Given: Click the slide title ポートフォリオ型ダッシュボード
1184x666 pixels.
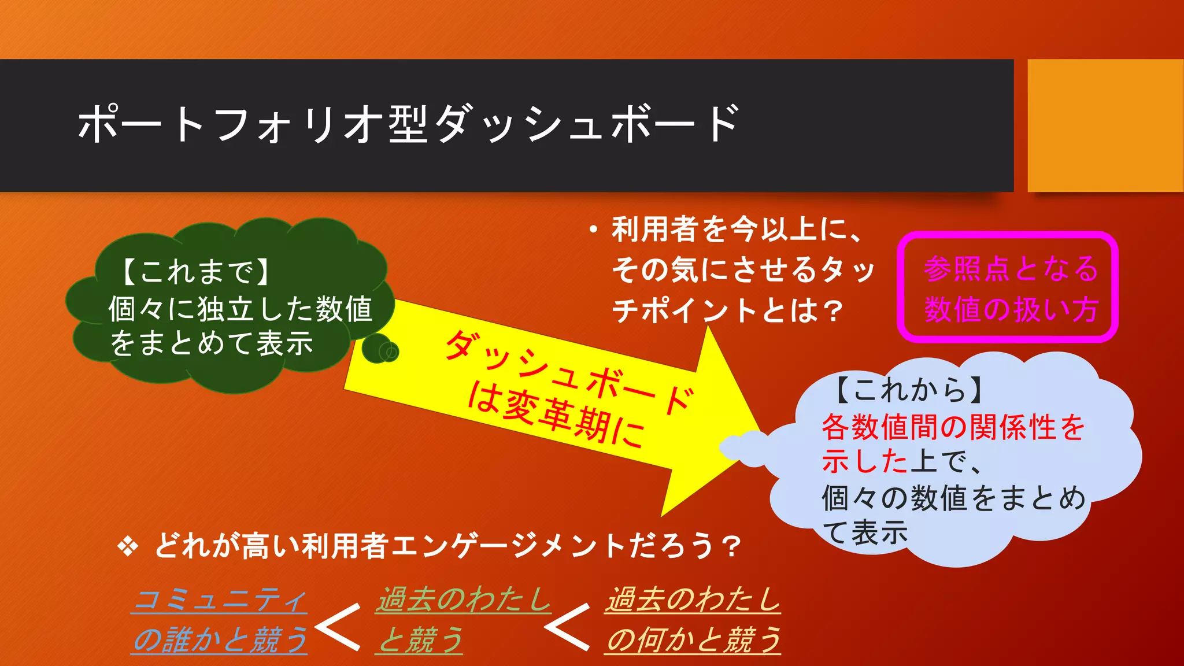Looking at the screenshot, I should point(408,124).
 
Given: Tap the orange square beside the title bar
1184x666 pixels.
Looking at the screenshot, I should point(1105,125).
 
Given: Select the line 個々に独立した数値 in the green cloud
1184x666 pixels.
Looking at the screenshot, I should point(240,308).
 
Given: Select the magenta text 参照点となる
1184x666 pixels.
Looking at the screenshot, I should point(1010,269).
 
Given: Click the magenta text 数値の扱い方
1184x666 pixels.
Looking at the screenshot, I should point(1010,309).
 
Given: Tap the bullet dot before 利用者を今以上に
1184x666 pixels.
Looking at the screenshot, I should point(593,231).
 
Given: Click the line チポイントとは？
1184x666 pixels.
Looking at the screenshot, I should point(727,310).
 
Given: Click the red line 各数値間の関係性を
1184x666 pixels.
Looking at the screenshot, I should point(953,427).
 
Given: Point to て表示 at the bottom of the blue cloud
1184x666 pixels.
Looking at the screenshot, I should point(865,532).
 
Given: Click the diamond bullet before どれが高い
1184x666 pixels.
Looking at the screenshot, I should point(128,546).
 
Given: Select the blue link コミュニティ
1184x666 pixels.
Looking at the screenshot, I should point(220,600).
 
